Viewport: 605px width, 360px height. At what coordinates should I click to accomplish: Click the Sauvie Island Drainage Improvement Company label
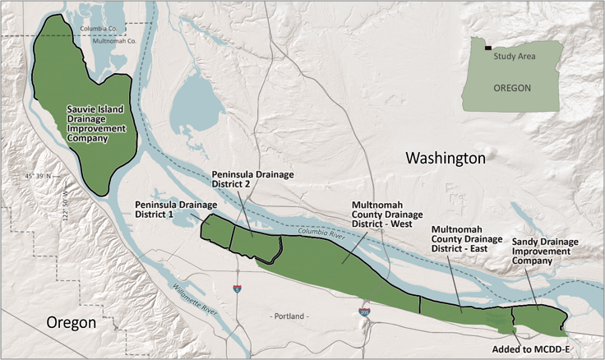click(x=97, y=122)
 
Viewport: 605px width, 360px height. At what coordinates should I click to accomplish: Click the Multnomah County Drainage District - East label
click(x=467, y=238)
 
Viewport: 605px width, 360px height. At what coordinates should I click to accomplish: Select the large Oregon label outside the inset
click(x=71, y=322)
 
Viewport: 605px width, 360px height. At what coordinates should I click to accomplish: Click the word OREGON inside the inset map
click(x=511, y=87)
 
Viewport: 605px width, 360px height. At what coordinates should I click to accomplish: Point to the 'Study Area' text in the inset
click(x=515, y=56)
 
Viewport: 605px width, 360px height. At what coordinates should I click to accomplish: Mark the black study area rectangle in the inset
click(x=488, y=48)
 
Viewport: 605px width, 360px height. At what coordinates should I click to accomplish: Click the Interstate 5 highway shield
click(x=237, y=288)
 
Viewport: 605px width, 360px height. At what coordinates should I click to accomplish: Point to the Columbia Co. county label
click(x=99, y=29)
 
